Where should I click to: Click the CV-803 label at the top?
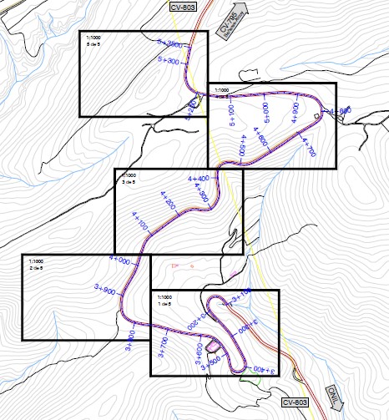point(184,7)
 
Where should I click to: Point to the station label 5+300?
point(169,61)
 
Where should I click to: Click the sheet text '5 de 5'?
point(93,44)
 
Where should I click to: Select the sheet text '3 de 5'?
point(128,180)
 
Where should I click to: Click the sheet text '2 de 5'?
point(36,267)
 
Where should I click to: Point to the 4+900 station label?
point(296,113)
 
